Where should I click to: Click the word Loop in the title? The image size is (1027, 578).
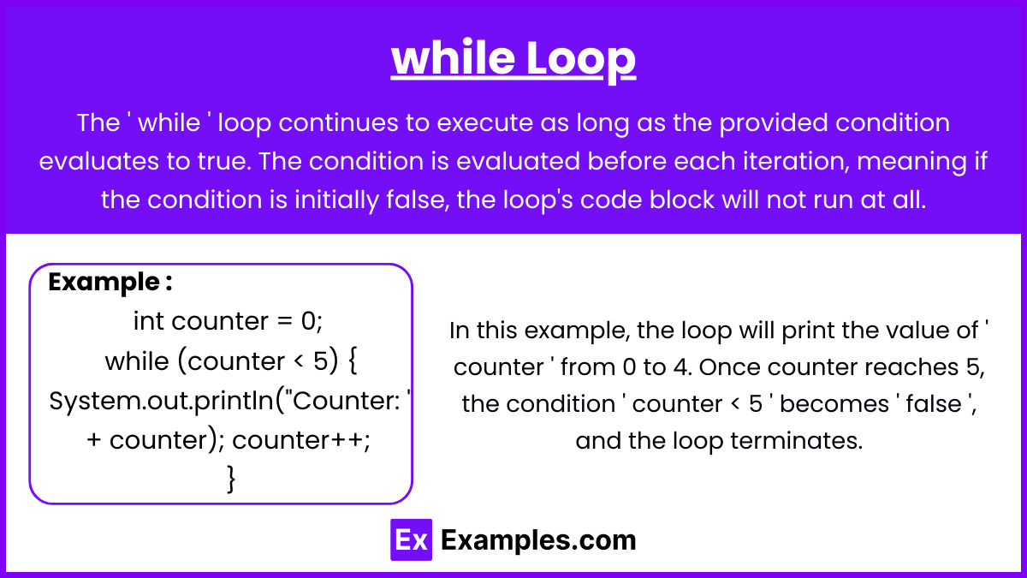(580, 59)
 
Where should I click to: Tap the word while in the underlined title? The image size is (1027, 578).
(453, 57)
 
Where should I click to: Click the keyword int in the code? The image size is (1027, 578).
(149, 320)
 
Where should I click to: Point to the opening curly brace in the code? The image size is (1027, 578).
(353, 361)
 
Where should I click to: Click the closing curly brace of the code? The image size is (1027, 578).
(232, 480)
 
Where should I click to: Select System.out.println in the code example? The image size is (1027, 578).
(161, 402)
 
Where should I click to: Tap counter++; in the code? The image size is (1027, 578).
(301, 440)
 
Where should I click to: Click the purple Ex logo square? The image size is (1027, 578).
(412, 539)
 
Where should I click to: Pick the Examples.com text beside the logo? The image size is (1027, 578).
(538, 540)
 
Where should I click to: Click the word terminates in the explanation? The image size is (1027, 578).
(797, 440)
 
